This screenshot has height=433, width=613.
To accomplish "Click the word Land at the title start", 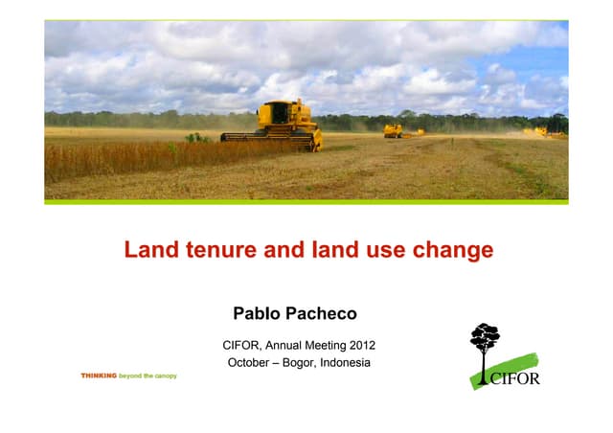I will click(x=146, y=251).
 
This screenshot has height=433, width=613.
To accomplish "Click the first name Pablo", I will click(x=257, y=313).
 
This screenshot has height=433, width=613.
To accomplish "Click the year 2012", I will click(x=360, y=345).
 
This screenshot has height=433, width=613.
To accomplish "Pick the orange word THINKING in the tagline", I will click(x=99, y=376).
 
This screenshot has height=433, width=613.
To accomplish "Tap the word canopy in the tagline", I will click(x=163, y=376).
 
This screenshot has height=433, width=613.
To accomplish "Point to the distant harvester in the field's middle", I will click(x=393, y=129).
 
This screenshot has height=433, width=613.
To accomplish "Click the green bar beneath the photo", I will click(x=306, y=201).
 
